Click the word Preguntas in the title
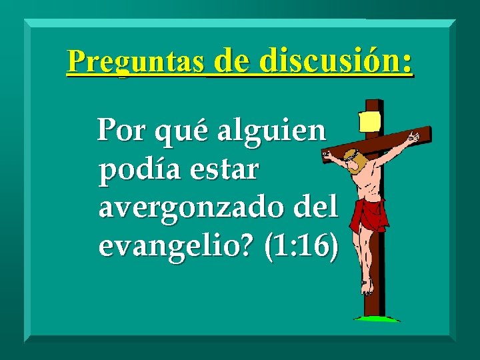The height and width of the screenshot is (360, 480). [x=135, y=62]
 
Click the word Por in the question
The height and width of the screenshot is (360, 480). [x=122, y=132]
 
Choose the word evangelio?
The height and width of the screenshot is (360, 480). [x=176, y=247]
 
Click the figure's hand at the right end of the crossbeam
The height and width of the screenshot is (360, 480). [x=414, y=137]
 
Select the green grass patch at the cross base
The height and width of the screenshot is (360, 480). [x=377, y=319]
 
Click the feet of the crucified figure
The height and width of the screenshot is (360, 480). [x=366, y=287]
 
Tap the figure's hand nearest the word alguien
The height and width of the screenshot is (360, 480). [x=327, y=155]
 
